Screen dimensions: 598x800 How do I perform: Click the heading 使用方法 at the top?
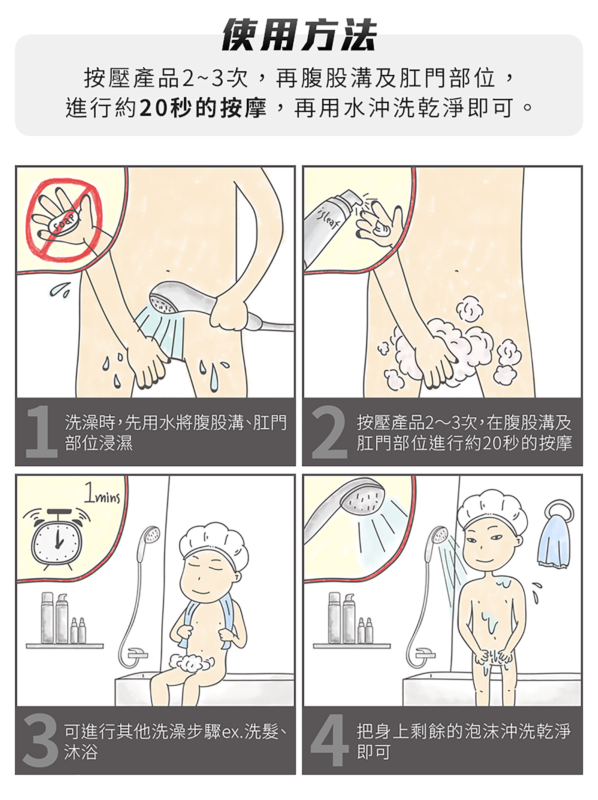[299, 35]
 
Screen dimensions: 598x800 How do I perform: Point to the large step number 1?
[42, 432]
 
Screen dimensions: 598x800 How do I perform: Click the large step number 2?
[329, 432]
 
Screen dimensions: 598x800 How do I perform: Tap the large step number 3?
[40, 740]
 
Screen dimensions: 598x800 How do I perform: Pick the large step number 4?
[329, 740]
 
